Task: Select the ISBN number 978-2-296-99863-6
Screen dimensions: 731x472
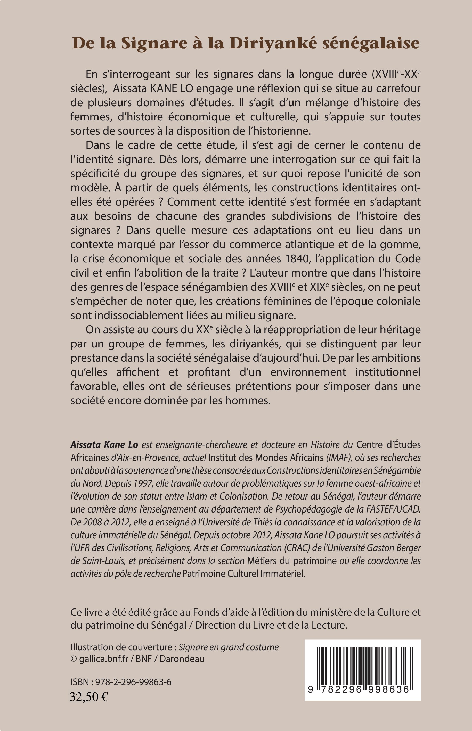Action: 133,682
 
